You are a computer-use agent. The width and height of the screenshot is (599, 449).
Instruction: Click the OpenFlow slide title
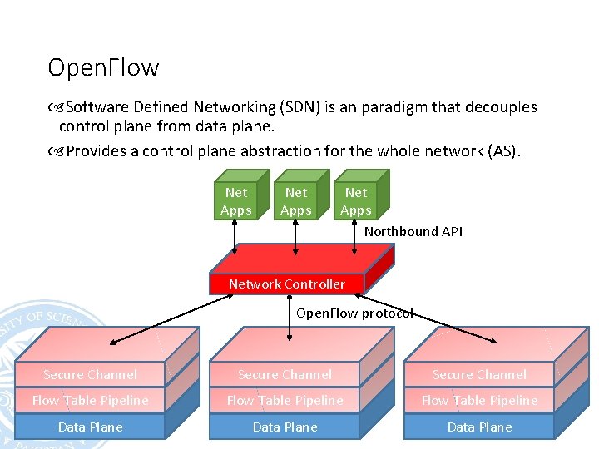(x=103, y=68)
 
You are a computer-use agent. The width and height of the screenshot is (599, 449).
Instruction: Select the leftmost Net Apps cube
(x=242, y=195)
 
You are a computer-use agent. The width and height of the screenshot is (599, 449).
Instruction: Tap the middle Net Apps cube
(x=302, y=195)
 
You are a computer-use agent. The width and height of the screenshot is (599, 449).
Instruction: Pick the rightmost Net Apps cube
(x=362, y=195)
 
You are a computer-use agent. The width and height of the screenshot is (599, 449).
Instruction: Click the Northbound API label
(x=413, y=231)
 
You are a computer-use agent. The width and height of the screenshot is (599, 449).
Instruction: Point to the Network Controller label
(x=287, y=284)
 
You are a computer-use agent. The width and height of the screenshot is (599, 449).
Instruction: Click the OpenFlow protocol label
(x=355, y=313)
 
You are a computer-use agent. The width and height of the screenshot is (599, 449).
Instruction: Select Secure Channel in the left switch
(x=90, y=374)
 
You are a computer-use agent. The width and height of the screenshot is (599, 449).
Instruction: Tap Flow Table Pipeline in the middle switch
(x=285, y=400)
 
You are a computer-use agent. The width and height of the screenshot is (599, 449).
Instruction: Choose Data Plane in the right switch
(x=479, y=427)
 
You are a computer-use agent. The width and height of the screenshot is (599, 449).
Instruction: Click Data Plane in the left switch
(x=91, y=427)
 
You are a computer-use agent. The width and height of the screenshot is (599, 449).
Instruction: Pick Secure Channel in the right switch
(x=479, y=374)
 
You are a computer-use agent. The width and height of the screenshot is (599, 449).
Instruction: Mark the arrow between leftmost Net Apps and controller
(x=235, y=237)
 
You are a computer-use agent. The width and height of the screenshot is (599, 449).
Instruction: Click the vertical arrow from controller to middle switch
(x=290, y=318)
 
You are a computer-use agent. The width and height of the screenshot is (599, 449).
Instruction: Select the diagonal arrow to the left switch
(x=171, y=319)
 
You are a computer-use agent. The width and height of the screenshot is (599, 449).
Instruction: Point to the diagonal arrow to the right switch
(x=426, y=318)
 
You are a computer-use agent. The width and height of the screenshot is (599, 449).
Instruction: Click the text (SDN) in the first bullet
(x=299, y=107)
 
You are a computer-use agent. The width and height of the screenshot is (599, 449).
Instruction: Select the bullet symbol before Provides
(x=56, y=151)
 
